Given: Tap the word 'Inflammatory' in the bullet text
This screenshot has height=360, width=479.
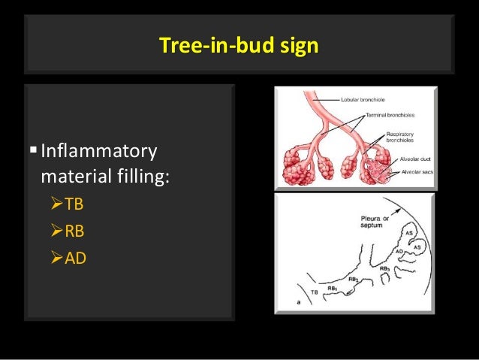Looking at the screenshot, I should coord(98,152).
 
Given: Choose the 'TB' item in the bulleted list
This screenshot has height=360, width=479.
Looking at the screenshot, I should coord(73,205).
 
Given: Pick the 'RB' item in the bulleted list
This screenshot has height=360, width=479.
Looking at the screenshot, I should coord(74,231).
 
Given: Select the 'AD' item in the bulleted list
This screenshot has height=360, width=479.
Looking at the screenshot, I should coord(75,259).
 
